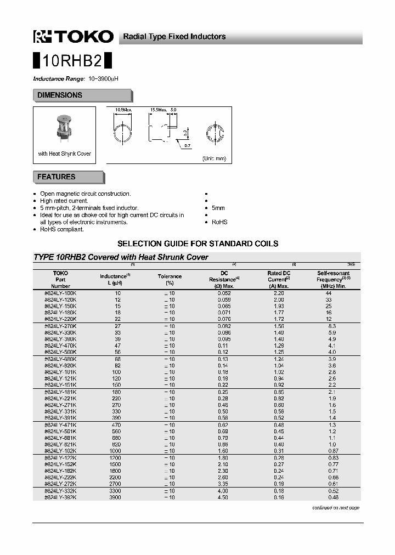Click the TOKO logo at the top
74,37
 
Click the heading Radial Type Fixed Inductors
174,37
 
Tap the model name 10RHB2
72,60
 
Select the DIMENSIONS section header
60,95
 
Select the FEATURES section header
57,177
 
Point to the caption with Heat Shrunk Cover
64,154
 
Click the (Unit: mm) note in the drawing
214,158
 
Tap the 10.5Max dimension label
123,110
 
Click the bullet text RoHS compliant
62,229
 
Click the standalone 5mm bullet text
218,208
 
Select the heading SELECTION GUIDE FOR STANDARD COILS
198,243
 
